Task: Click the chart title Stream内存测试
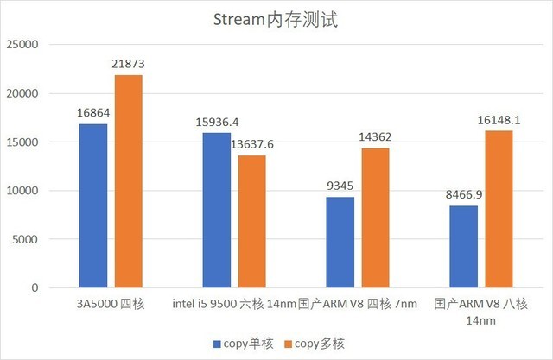pos(276,19)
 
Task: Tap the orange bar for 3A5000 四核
pos(128,181)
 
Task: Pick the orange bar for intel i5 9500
pos(252,221)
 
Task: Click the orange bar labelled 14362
pos(376,218)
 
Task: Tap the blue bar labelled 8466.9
pos(464,246)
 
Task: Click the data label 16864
pos(93,114)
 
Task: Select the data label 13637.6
pos(253,144)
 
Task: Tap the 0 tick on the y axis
pos(35,287)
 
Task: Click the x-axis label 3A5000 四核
pos(110,304)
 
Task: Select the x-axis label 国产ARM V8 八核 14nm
pos(481,312)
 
